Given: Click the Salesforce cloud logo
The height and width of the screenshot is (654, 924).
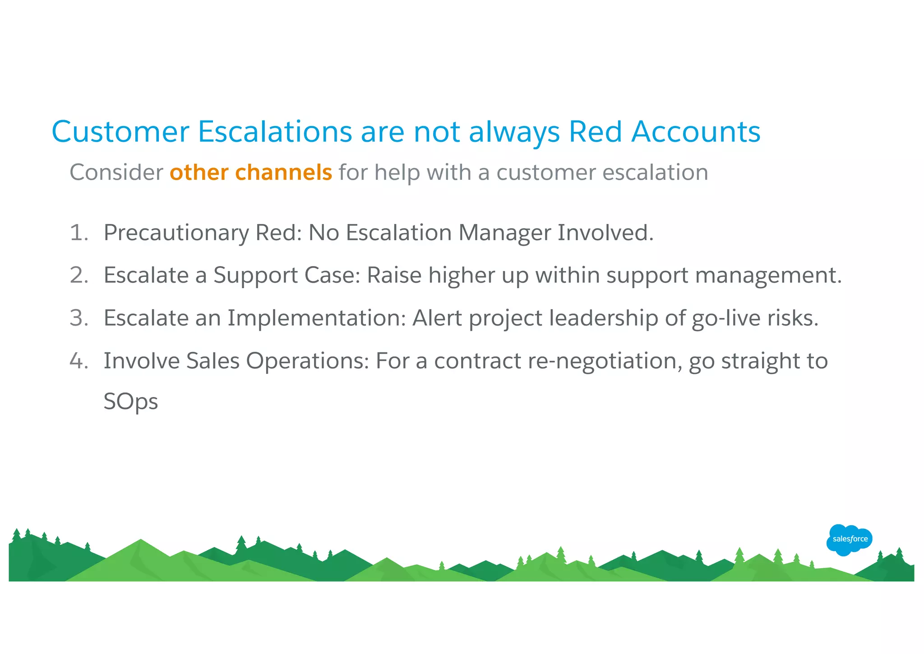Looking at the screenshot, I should click(849, 539).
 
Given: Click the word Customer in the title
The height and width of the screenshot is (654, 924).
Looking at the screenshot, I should click(120, 132).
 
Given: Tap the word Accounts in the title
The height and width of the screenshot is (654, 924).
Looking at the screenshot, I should click(695, 132).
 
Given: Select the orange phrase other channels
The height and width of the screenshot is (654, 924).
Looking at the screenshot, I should click(251, 173).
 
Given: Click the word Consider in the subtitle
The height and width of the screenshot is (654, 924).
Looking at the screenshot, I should click(116, 173).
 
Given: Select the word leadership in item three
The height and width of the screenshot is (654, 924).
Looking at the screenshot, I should click(603, 318).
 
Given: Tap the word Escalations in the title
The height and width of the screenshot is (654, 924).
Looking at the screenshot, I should click(275, 132).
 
